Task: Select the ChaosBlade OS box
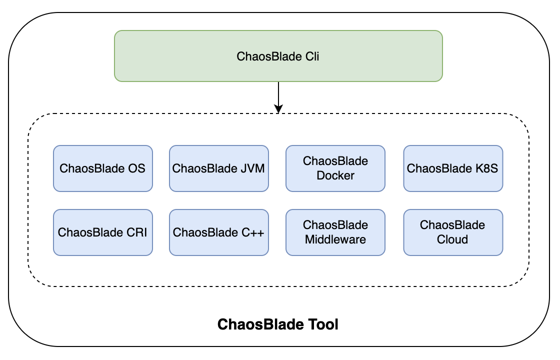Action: click(x=103, y=168)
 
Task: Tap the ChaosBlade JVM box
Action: click(x=219, y=168)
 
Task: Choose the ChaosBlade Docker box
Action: click(x=335, y=168)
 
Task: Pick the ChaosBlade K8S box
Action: click(x=453, y=168)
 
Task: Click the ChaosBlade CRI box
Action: click(x=103, y=232)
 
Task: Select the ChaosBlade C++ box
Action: click(x=219, y=232)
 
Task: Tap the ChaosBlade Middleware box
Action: click(x=335, y=232)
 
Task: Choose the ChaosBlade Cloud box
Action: click(x=453, y=232)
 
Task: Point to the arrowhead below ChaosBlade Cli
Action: click(x=278, y=108)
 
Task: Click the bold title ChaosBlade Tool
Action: click(x=278, y=324)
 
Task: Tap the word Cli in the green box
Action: click(x=312, y=56)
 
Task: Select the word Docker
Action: click(x=335, y=175)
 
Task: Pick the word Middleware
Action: click(x=335, y=239)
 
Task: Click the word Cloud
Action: click(x=452, y=239)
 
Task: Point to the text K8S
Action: click(x=486, y=168)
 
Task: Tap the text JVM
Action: click(x=252, y=168)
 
